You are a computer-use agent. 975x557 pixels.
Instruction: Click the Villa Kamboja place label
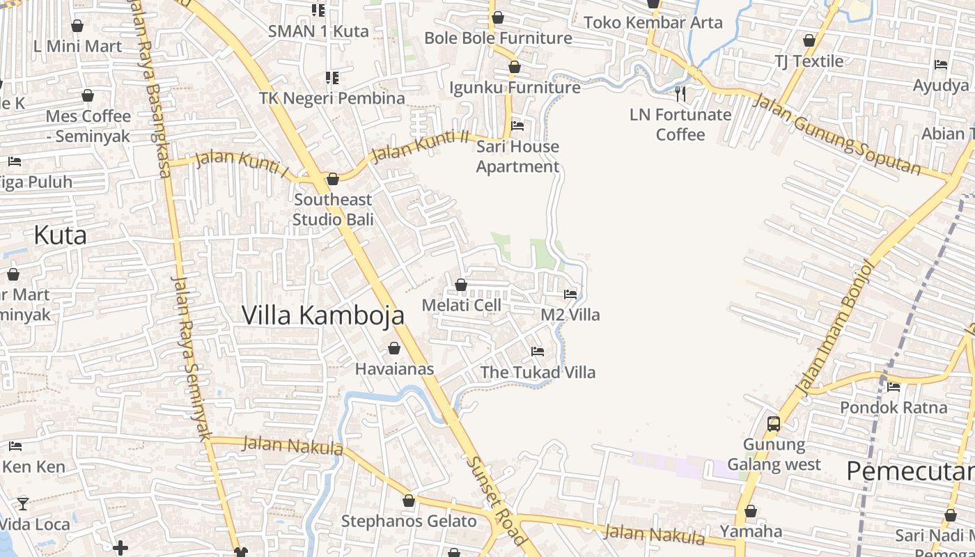point(322,315)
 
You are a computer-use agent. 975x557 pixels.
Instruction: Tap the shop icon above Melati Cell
point(460,285)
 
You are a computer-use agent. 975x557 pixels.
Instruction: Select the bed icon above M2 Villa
point(570,295)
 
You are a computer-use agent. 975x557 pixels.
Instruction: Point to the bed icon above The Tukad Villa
point(538,352)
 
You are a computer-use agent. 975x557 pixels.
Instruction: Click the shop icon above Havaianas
point(394,348)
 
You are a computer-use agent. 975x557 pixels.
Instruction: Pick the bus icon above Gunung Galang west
point(773,423)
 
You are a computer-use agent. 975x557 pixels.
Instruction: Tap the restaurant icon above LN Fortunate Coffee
point(680,93)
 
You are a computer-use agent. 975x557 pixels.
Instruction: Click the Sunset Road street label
point(497,501)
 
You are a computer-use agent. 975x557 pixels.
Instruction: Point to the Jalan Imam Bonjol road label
point(834,327)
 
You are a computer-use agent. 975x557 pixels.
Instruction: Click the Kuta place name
point(60,235)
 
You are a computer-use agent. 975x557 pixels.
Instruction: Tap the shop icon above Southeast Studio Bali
point(333,179)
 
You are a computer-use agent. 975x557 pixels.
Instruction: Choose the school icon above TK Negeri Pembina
point(332,78)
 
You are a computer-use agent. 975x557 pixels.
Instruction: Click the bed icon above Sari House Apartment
point(517,126)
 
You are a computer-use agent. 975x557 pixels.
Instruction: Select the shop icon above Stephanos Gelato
point(409,501)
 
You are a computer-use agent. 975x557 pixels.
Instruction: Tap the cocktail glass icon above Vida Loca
point(23,503)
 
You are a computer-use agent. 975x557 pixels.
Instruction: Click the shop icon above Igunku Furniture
point(515,67)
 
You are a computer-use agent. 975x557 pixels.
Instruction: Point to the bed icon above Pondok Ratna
point(894,387)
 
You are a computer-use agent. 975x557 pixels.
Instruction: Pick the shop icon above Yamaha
point(750,511)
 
